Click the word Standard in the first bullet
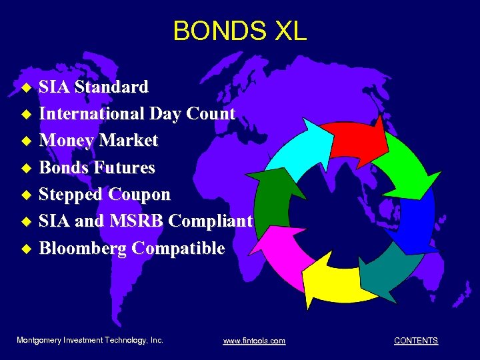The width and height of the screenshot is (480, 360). coord(111,87)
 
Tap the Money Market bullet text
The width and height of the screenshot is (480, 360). coord(99,140)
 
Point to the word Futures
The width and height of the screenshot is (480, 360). coord(125,167)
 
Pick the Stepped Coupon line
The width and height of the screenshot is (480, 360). coord(105,194)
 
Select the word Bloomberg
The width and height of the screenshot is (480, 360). coord(83,248)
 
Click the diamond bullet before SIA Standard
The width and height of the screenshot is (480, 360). coord(27,87)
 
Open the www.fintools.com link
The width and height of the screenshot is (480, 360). coord(254,341)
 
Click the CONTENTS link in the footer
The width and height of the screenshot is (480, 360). coord(415,341)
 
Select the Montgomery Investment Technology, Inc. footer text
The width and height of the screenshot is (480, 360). coord(89,340)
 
